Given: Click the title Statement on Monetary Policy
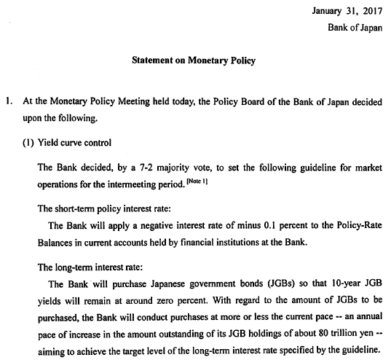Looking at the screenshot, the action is [194, 60].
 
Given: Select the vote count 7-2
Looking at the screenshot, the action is [141, 165].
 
